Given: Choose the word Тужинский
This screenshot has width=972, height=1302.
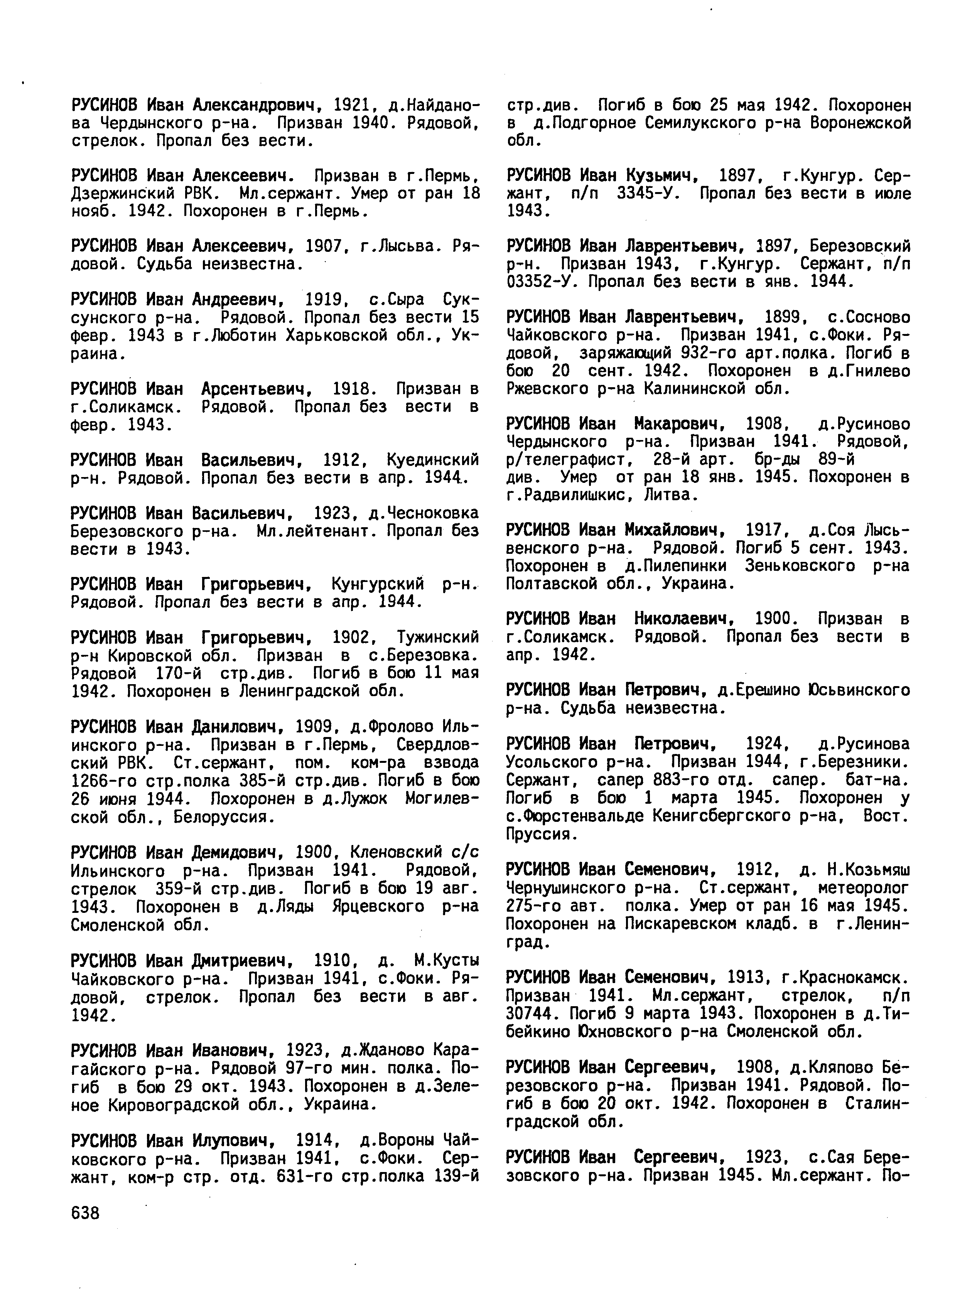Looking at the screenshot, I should (438, 637).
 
